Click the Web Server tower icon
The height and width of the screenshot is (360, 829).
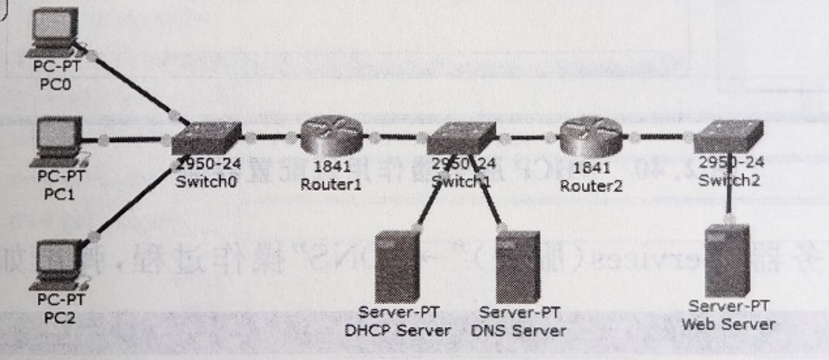729,257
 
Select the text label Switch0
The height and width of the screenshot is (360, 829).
204,182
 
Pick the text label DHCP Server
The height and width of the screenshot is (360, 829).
397,330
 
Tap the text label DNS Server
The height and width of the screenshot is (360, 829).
519,330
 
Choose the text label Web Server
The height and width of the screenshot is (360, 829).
729,324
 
